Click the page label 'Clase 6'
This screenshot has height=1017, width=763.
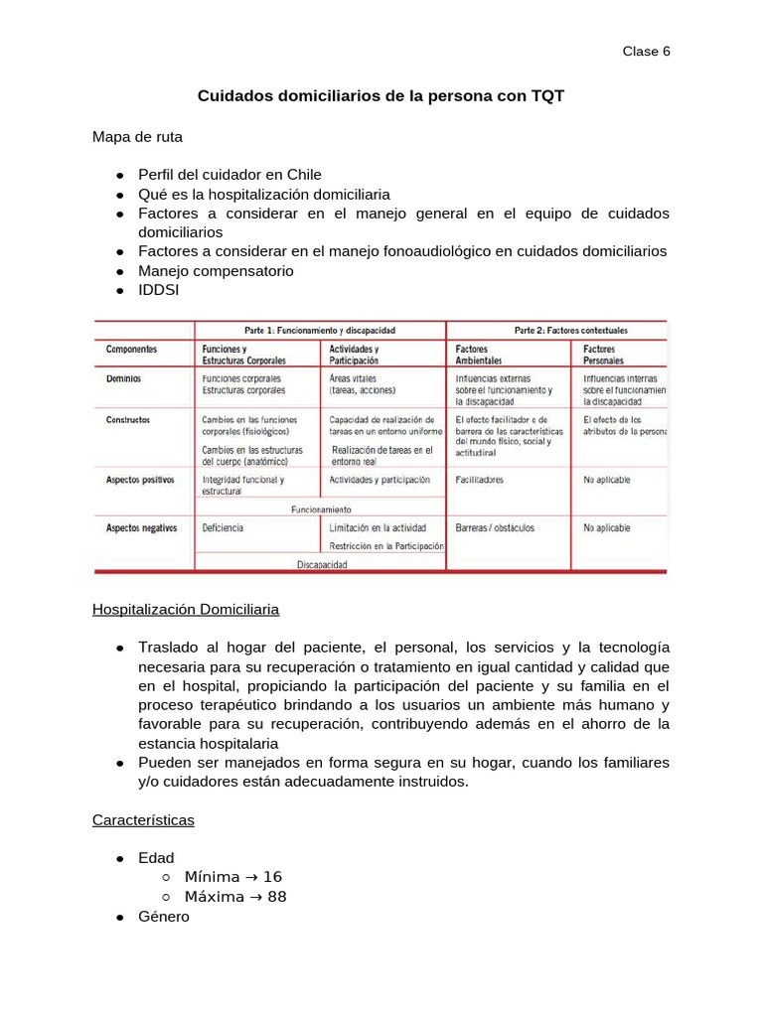(x=646, y=52)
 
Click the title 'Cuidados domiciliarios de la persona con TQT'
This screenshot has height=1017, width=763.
(x=381, y=96)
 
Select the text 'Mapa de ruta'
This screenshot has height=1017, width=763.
(x=137, y=136)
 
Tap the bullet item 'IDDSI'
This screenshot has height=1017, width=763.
(x=159, y=289)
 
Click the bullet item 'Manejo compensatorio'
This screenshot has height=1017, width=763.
(x=216, y=270)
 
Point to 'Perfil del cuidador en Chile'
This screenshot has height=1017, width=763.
(x=229, y=174)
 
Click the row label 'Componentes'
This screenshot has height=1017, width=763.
(x=131, y=350)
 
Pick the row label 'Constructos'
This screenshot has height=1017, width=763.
(x=128, y=420)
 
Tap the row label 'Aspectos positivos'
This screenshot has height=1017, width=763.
(x=140, y=480)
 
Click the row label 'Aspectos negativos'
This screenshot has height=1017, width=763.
(x=141, y=528)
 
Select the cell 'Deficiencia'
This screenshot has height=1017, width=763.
(x=223, y=528)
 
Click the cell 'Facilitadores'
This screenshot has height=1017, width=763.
(x=479, y=480)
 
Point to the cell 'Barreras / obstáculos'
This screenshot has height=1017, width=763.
(x=495, y=528)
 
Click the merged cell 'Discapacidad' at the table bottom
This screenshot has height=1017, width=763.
(x=321, y=563)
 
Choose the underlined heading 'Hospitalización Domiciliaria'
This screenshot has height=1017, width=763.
(x=186, y=608)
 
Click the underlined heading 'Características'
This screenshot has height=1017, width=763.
(x=143, y=820)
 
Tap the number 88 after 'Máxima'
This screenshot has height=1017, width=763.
(x=276, y=896)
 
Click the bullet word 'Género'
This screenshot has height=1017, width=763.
(x=164, y=916)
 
